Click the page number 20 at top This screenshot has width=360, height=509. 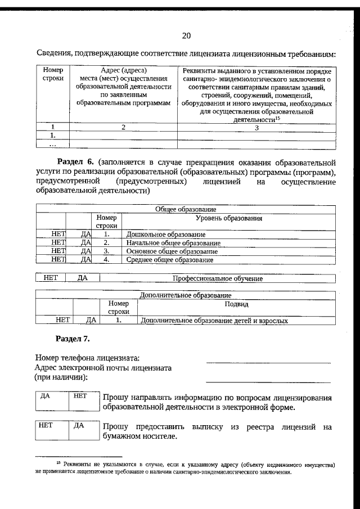[x=186, y=36]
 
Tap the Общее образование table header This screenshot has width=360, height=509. [x=186, y=209]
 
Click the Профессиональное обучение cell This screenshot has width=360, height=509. [x=217, y=278]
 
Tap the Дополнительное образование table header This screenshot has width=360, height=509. [x=185, y=295]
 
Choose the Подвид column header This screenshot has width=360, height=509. [x=236, y=304]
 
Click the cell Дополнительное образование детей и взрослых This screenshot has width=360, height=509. [x=214, y=321]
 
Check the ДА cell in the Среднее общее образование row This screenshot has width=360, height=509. [x=85, y=259]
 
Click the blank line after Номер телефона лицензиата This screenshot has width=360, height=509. [x=268, y=362]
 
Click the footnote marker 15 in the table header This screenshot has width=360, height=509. [x=278, y=119]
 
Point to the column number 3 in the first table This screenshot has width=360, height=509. [x=256, y=128]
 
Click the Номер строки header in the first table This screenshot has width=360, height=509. [x=53, y=75]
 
